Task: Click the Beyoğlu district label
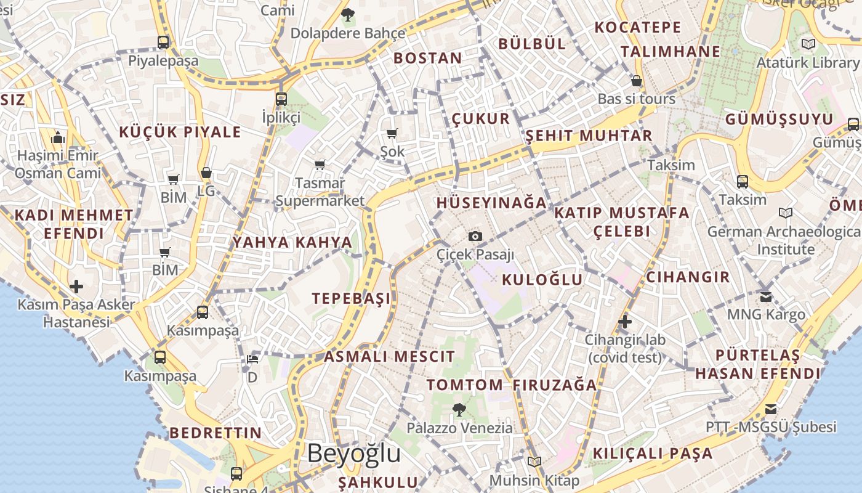coord(354,453)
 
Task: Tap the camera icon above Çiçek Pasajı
coord(475,236)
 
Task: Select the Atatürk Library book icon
coord(808,44)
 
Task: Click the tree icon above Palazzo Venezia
coord(459,409)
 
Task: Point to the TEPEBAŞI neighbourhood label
coord(351,299)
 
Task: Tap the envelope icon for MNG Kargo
coord(766,296)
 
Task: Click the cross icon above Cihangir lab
coord(625,322)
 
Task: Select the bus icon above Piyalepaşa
coord(163,42)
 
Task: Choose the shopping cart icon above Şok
coord(392,133)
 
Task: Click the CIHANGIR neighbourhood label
coord(688,277)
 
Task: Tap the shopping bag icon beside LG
coord(206,173)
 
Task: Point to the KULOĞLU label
coord(542,280)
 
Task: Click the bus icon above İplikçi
coord(281,99)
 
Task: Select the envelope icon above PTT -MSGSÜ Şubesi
coord(770,409)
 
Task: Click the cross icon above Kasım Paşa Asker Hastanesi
coord(76,287)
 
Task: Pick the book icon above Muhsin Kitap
coord(534,462)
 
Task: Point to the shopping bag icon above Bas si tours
coord(637,81)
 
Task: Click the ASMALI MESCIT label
coord(389,356)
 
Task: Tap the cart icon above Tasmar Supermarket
coord(320,165)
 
